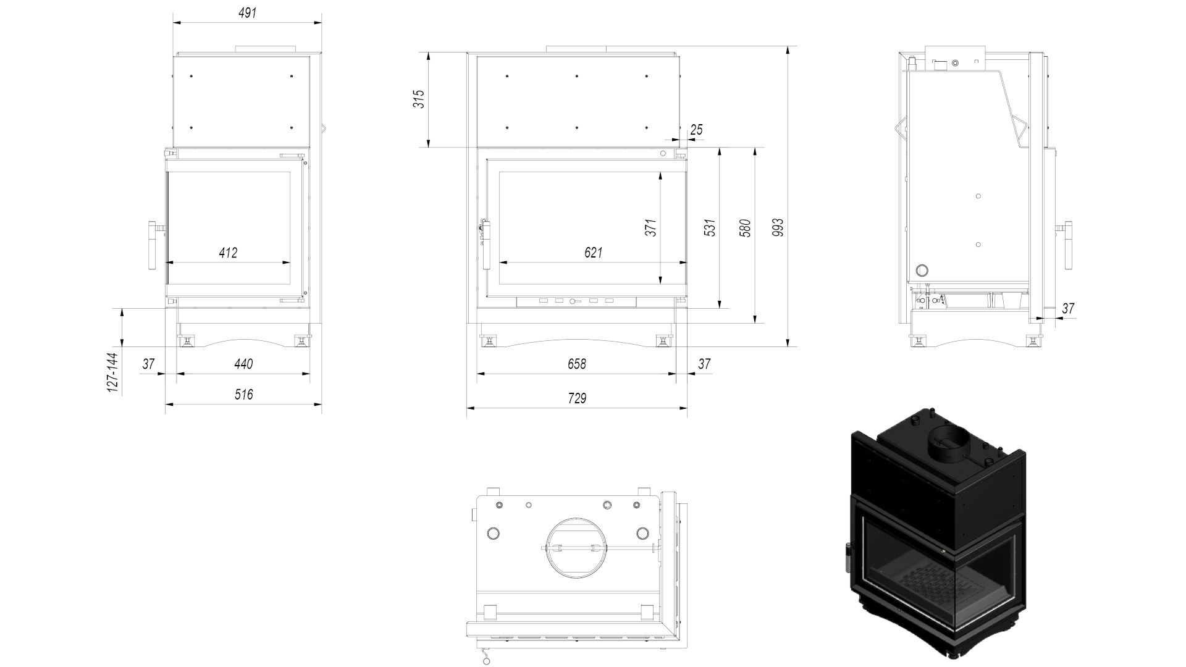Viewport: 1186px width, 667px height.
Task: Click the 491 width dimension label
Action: coord(247,13)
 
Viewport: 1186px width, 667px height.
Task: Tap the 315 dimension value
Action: coord(419,99)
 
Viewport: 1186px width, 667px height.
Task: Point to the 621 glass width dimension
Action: coord(593,253)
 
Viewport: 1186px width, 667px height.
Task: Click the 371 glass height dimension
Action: coord(650,227)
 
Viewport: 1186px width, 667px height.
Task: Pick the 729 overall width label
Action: coord(576,398)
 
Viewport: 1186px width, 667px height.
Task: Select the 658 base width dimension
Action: coord(576,364)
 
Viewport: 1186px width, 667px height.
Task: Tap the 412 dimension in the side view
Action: coord(228,253)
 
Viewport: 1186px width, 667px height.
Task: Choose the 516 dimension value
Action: coord(243,394)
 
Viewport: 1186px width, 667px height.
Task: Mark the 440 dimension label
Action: coord(243,364)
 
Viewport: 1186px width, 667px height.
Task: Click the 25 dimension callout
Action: coord(696,130)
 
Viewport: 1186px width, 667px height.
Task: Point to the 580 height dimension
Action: coord(746,228)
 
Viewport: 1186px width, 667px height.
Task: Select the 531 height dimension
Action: coord(710,227)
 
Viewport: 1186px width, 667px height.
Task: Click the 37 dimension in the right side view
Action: coord(1068,308)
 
